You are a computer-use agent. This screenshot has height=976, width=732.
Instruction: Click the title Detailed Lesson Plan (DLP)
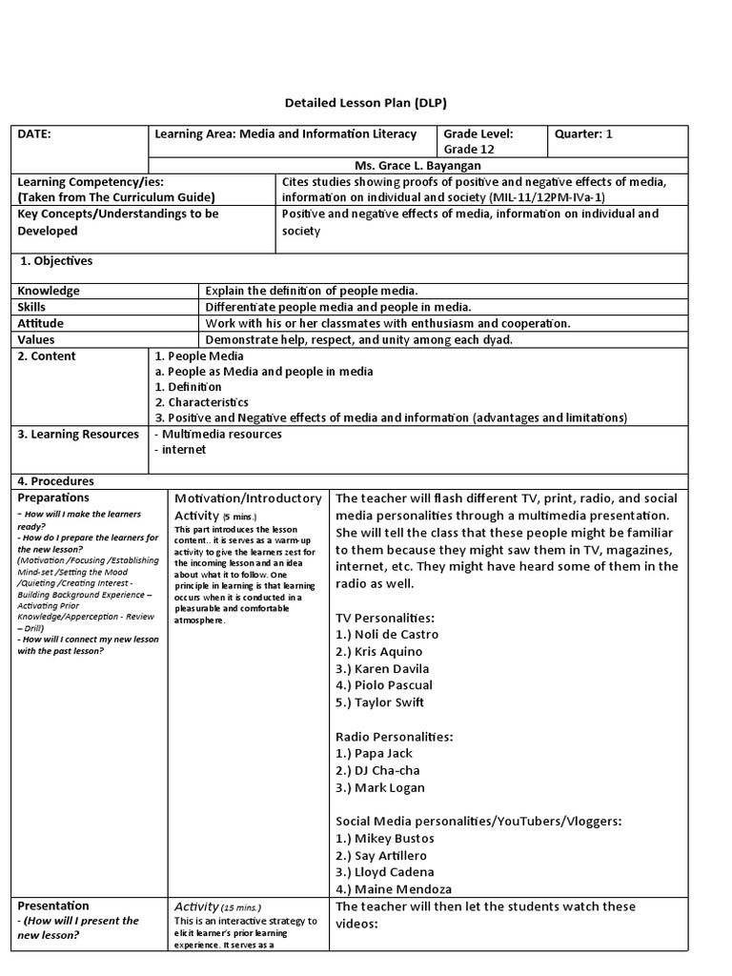366,102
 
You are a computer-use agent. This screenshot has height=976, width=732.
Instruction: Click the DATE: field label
35,134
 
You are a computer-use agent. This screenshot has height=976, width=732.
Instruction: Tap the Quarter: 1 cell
583,134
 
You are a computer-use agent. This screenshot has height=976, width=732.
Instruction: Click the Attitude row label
41,323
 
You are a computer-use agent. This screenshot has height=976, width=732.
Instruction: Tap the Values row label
36,339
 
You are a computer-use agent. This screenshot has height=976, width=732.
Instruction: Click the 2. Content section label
47,356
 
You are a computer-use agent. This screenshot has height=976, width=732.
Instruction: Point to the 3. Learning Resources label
78,435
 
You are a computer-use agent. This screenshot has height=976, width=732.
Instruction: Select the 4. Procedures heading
56,481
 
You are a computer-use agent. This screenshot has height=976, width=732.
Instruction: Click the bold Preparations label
53,498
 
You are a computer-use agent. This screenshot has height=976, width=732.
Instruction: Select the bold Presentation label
53,905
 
